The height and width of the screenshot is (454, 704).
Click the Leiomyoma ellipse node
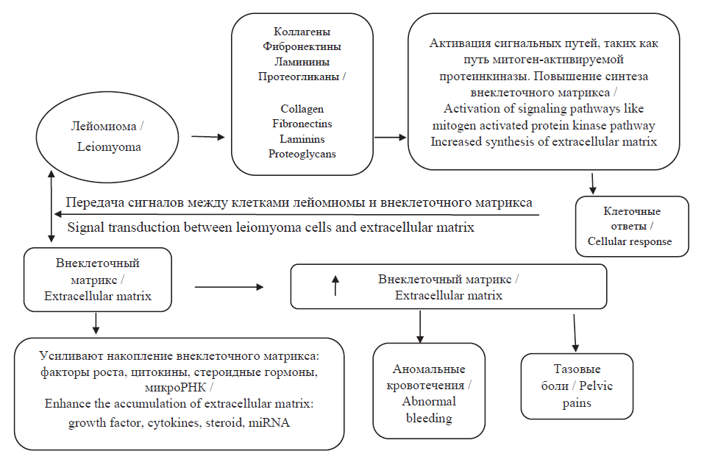pyautogui.click(x=108, y=137)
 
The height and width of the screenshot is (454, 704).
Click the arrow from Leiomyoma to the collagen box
pyautogui.click(x=207, y=136)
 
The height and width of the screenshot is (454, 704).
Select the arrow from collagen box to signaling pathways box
pyautogui.click(x=390, y=137)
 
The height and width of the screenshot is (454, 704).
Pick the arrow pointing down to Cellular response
pyautogui.click(x=592, y=183)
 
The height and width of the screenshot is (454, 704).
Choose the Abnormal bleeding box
pyautogui.click(x=420, y=391)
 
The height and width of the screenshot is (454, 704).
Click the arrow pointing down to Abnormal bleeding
pyautogui.click(x=420, y=325)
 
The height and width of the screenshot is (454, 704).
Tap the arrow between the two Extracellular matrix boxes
pyautogui.click(x=228, y=286)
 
